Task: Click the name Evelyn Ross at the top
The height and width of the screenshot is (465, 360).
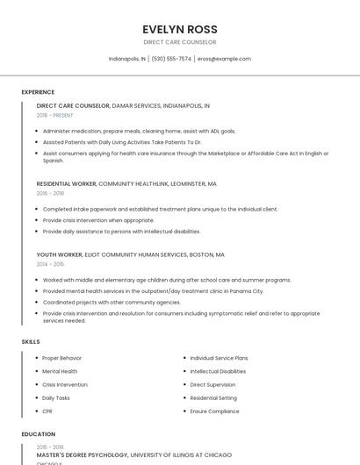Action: click(x=180, y=29)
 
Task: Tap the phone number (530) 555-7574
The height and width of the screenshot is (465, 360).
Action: click(x=171, y=59)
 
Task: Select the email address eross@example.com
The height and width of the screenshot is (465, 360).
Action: click(x=224, y=59)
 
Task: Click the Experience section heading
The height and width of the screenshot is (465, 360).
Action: click(x=38, y=92)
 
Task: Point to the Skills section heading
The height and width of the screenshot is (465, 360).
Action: click(x=31, y=341)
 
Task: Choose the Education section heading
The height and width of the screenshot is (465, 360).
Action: click(x=39, y=434)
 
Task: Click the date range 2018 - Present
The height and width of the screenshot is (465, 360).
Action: click(x=55, y=115)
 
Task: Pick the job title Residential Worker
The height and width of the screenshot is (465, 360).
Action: click(x=67, y=184)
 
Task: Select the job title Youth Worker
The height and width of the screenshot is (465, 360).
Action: click(x=60, y=254)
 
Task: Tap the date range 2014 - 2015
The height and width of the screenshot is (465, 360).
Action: click(x=50, y=263)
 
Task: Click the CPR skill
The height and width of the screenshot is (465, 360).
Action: click(x=47, y=411)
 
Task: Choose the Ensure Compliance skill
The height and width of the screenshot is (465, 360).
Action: click(x=214, y=411)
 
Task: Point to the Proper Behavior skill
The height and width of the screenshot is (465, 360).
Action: click(x=61, y=358)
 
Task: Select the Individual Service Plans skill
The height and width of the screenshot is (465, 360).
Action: click(x=219, y=358)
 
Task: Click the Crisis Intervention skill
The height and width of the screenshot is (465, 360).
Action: click(x=65, y=384)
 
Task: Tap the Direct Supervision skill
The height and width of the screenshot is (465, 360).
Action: click(x=212, y=384)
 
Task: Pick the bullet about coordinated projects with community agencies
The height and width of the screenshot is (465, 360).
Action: click(x=112, y=302)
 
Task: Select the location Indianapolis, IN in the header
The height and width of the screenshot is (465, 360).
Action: click(x=127, y=59)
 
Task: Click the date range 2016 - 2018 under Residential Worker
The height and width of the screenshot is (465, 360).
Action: click(x=50, y=193)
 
